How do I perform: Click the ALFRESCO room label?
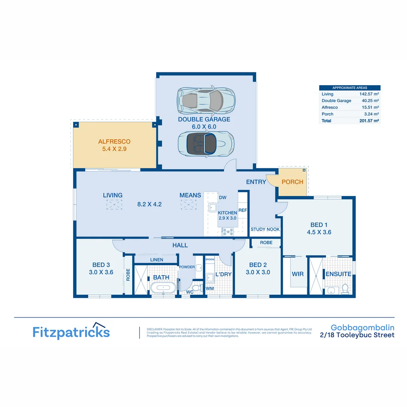114,142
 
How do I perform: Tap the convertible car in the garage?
205,143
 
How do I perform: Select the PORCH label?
292,182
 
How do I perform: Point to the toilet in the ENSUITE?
344,289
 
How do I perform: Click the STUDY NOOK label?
265,230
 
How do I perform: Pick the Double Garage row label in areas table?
336,101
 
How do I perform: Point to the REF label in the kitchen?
243,210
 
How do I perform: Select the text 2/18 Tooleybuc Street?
357,335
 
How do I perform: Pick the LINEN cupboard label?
156,260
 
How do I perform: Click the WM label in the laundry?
210,288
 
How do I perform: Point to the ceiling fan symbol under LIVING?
114,205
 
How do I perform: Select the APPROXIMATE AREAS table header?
350,87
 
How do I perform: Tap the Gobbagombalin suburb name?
362,327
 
